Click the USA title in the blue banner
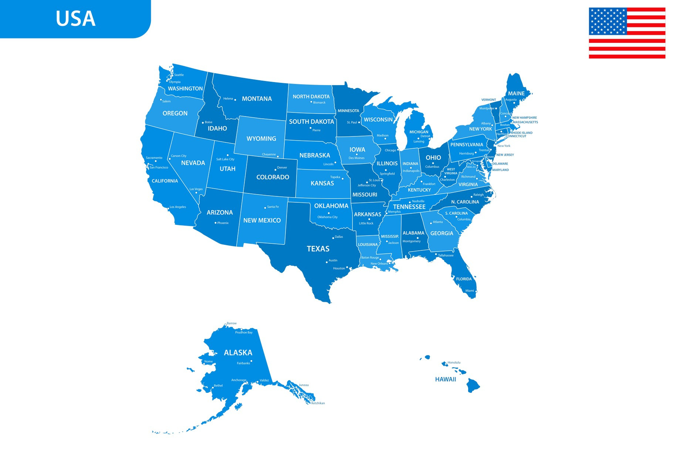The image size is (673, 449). click(x=75, y=18)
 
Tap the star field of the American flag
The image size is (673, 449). click(x=608, y=21)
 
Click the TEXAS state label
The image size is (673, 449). click(x=318, y=249)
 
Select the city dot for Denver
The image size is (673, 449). click(x=275, y=170)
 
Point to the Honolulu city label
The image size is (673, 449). click(x=454, y=362)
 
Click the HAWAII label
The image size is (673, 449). click(x=446, y=379)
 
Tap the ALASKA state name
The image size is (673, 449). click(x=238, y=353)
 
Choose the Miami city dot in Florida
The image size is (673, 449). click(x=476, y=291)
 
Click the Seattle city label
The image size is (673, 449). click(x=179, y=75)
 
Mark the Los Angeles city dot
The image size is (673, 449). click(x=168, y=209)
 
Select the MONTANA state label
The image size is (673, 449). click(x=257, y=99)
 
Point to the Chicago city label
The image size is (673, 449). click(x=390, y=150)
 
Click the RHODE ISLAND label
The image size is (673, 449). click(x=521, y=133)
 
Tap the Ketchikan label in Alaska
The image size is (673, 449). click(x=318, y=403)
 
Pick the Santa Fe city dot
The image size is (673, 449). click(x=265, y=208)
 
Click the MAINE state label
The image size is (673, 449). click(x=516, y=94)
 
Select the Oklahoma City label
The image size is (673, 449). click(x=327, y=217)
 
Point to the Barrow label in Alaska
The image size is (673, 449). click(x=231, y=323)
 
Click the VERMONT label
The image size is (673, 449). click(x=488, y=100)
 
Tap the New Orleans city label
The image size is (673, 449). click(x=379, y=264)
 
